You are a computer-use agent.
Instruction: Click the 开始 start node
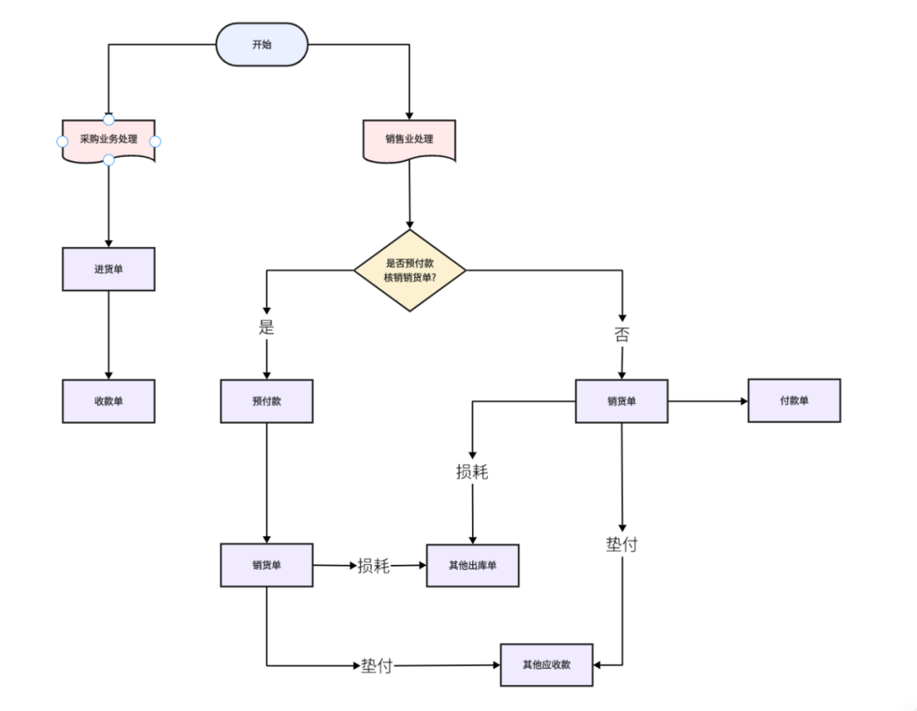262,45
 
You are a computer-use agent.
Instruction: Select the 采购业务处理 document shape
109,140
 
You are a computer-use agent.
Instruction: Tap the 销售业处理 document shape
409,140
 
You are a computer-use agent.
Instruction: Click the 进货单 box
109,269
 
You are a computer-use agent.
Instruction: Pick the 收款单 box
109,401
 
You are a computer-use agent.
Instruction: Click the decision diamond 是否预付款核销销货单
410,270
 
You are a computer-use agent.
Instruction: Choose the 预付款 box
266,401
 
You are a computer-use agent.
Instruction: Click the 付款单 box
794,401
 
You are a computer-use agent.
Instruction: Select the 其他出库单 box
472,566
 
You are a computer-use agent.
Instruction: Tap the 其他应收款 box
547,665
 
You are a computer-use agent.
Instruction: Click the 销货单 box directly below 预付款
266,565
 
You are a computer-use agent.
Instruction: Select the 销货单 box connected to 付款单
622,401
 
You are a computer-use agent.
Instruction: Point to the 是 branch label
266,327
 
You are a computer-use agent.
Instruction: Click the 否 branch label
622,334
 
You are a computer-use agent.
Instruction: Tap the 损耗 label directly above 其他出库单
472,472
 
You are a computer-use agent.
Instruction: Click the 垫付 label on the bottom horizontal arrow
377,665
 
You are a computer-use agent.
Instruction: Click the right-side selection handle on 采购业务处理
155,142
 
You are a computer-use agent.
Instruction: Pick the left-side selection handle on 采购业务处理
62,142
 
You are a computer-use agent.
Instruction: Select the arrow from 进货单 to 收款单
109,335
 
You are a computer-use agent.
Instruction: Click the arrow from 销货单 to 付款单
708,401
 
